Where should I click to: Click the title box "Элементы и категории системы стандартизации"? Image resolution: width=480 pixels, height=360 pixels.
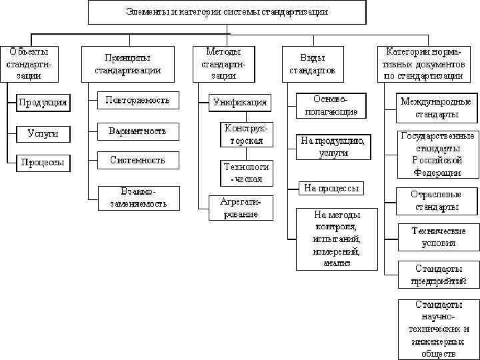[227, 12]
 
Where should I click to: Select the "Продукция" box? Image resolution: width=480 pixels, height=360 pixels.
[43, 102]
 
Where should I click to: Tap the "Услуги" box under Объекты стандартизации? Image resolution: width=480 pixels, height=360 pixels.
[43, 133]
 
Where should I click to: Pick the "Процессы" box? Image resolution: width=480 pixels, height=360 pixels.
[43, 163]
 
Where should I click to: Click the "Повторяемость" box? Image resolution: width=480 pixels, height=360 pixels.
[137, 101]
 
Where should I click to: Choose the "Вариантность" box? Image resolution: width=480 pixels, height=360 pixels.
[137, 131]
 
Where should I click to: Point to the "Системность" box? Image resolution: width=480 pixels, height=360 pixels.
[137, 160]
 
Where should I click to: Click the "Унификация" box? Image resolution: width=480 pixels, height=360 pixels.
[240, 102]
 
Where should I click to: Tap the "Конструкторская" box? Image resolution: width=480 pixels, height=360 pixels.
[246, 134]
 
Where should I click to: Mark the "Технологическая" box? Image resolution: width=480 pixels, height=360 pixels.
[246, 173]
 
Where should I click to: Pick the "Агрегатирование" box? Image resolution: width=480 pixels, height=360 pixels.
[238, 207]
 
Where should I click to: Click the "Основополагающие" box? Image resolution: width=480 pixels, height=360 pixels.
[331, 105]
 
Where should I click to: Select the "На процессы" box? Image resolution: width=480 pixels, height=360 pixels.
[331, 188]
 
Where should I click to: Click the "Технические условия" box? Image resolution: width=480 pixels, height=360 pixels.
[438, 237]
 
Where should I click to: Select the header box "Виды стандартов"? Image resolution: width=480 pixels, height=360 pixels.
[313, 64]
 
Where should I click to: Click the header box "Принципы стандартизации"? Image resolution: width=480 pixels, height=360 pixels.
[127, 64]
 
